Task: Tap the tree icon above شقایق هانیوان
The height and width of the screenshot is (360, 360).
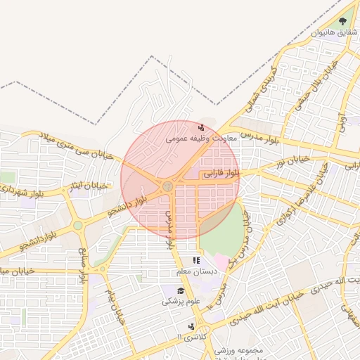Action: coord(342,22)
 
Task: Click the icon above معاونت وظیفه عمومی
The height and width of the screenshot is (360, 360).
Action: coord(202,128)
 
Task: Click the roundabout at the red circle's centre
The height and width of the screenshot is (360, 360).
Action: coord(167,186)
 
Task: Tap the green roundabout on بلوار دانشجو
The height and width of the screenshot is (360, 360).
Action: coord(77,226)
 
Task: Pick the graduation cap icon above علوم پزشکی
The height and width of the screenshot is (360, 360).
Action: coord(181,290)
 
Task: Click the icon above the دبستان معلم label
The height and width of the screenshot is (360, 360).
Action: coord(196,261)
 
